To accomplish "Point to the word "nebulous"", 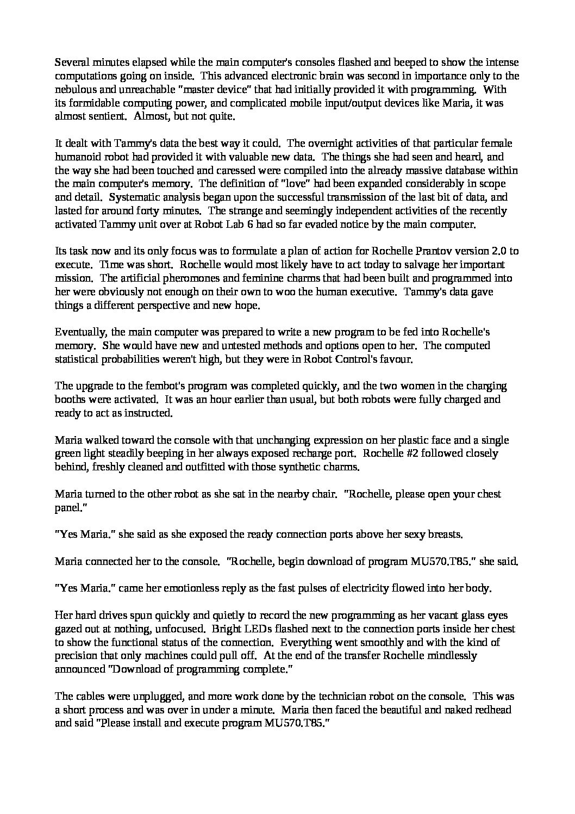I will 74,89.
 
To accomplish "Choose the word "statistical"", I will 76,359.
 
